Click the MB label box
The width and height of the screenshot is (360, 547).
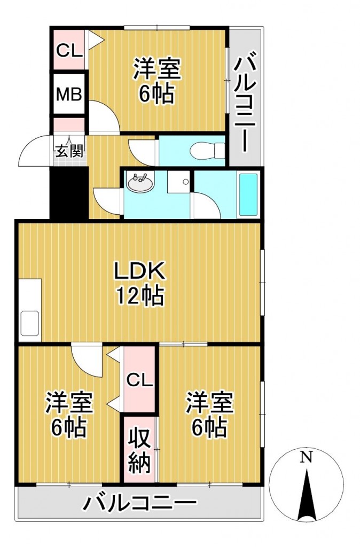coord(69,93)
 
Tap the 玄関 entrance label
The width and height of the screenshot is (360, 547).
coord(69,151)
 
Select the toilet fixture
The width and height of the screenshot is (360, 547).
coord(208,151)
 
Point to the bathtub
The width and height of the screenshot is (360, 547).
coord(248,194)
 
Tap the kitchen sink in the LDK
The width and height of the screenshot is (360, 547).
coord(30,323)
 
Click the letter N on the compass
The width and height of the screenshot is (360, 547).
coord(306,457)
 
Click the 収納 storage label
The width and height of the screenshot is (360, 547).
coord(139,450)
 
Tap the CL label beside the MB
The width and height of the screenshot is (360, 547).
coord(69,51)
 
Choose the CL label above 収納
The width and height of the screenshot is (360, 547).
coord(139,380)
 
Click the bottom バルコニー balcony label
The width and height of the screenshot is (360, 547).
coord(140,503)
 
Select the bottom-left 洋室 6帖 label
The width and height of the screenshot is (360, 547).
coord(69,415)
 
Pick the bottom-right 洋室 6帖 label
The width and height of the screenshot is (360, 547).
coord(209,415)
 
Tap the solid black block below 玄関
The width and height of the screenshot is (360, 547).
coord(69,193)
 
